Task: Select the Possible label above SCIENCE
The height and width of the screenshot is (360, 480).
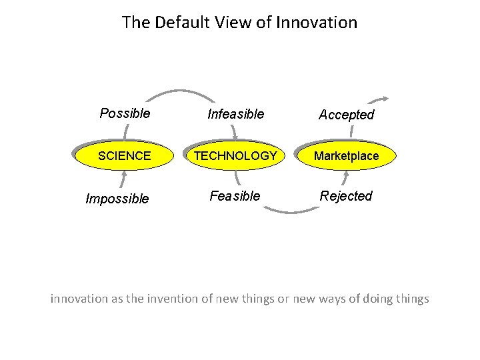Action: coord(125,113)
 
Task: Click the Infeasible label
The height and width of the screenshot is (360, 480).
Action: coord(235,115)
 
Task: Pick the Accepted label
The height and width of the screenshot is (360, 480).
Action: coord(346,115)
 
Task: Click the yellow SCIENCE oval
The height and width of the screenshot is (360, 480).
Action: coord(124,156)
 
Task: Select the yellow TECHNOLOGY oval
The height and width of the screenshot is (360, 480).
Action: coord(235,156)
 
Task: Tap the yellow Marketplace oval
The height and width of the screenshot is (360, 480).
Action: coord(346,156)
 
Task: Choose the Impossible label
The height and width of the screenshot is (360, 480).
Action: coord(117,199)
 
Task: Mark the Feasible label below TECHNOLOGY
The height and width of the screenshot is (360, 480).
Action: coord(235,196)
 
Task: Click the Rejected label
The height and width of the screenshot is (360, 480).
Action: coord(346,196)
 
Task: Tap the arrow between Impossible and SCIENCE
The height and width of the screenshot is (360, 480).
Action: coord(124,179)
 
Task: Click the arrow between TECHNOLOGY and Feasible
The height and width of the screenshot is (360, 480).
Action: coord(237,179)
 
